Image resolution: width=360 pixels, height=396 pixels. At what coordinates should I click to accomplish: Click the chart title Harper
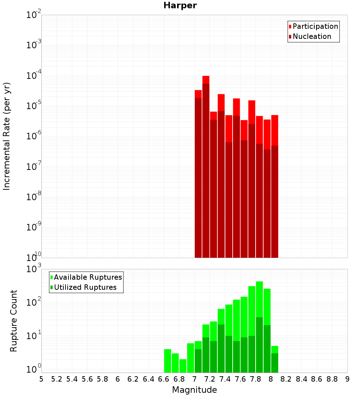pyautogui.click(x=180, y=5)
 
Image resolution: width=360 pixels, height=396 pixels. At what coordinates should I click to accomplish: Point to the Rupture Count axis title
pyautogui.click(x=14, y=321)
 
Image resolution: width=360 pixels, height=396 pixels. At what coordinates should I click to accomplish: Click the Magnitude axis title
pyautogui.click(x=194, y=390)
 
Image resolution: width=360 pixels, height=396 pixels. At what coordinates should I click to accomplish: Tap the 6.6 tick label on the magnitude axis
pyautogui.click(x=164, y=379)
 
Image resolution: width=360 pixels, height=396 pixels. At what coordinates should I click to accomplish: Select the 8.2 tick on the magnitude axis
pyautogui.click(x=286, y=379)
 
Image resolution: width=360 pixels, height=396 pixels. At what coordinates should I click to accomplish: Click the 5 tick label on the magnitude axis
pyautogui.click(x=41, y=379)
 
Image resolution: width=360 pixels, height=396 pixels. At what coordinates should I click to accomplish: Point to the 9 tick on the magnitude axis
pyautogui.click(x=347, y=379)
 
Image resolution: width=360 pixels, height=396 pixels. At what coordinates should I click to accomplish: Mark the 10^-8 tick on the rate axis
pyautogui.click(x=34, y=197)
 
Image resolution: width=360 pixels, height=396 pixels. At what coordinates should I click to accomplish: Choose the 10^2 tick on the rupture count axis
pyautogui.click(x=34, y=302)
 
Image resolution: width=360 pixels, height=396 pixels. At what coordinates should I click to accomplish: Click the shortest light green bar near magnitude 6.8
pyautogui.click(x=183, y=366)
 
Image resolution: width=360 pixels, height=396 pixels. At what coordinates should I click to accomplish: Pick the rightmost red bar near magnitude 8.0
pyautogui.click(x=275, y=130)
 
